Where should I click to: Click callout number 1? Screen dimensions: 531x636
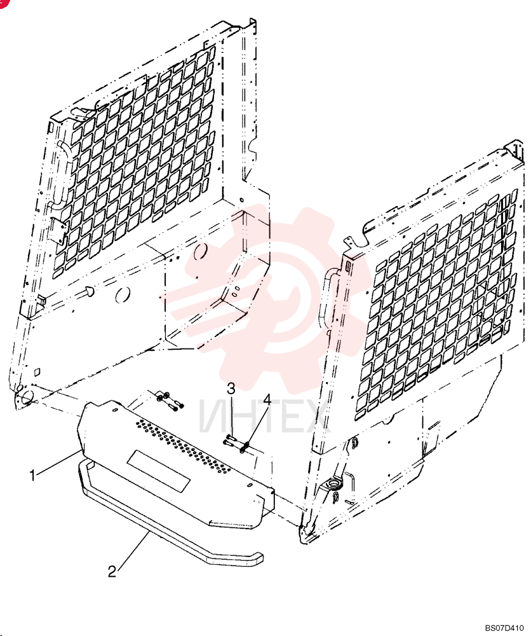(x=33, y=475)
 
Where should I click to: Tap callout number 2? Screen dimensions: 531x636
(x=112, y=572)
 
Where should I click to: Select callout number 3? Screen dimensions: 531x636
(x=231, y=389)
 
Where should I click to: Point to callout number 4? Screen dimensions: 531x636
(x=267, y=399)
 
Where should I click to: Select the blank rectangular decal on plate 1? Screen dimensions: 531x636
(x=159, y=471)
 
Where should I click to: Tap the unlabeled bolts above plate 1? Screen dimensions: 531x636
(x=170, y=400)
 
